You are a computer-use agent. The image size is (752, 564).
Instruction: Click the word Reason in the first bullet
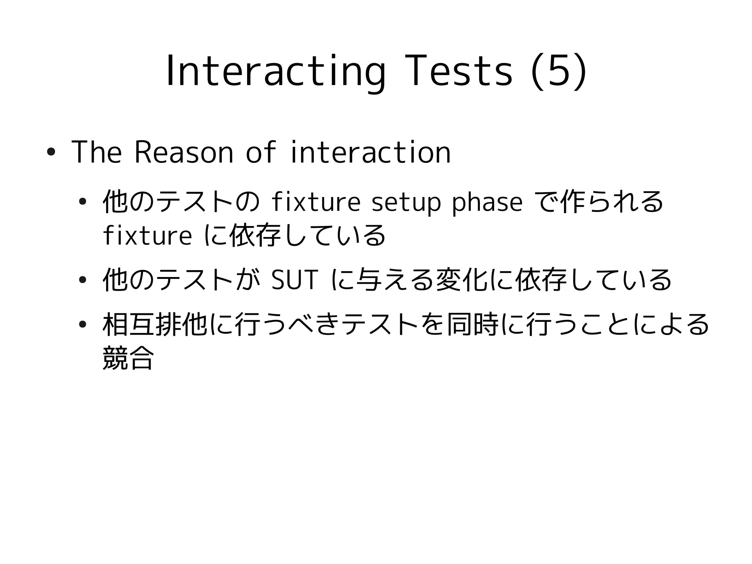[x=184, y=152]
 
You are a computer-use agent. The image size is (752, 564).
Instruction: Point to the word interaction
[x=371, y=152]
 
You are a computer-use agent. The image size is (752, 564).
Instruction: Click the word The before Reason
[x=97, y=152]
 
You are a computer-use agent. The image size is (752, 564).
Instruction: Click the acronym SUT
[x=293, y=280]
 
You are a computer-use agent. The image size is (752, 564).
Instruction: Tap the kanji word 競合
[x=128, y=358]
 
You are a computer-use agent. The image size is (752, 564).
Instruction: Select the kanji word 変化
[x=461, y=280]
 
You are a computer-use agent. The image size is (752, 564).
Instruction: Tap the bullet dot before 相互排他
[x=83, y=325]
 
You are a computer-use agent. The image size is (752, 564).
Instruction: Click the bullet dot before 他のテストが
[x=83, y=280]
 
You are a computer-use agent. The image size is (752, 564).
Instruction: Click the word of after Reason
[x=260, y=152]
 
